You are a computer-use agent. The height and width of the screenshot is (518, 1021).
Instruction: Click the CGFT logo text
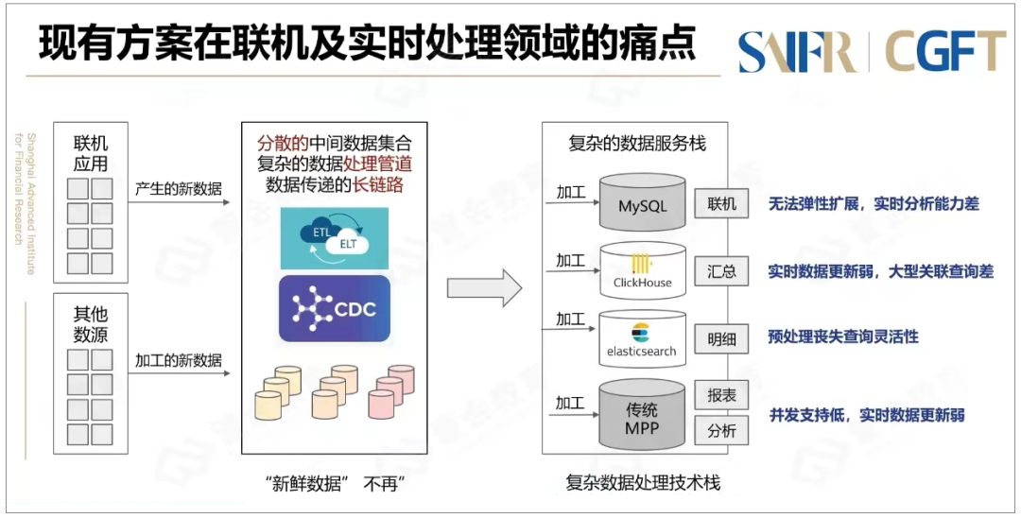click(945, 51)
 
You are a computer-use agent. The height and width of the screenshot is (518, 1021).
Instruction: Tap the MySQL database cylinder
click(643, 203)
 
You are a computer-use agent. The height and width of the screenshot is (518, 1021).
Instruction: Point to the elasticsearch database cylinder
click(643, 339)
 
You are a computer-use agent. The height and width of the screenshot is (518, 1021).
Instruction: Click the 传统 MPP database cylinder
click(643, 417)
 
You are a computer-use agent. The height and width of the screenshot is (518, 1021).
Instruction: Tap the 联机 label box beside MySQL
click(721, 204)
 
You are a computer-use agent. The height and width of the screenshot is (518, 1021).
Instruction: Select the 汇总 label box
click(721, 272)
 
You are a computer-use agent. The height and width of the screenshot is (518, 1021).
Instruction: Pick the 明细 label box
click(721, 338)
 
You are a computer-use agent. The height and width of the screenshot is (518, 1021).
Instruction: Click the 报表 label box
click(721, 396)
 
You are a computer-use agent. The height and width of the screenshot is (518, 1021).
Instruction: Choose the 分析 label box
click(721, 432)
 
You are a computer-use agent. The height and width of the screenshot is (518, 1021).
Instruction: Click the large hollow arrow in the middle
click(484, 287)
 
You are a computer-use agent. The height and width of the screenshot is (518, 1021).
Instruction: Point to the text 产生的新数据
click(179, 189)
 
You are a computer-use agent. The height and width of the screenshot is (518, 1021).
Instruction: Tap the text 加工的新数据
click(179, 360)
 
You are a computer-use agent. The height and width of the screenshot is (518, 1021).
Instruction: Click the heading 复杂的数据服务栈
click(636, 144)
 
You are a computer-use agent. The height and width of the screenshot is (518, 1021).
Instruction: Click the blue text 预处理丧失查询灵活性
click(843, 337)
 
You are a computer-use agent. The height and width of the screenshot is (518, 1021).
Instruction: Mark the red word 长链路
click(378, 185)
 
